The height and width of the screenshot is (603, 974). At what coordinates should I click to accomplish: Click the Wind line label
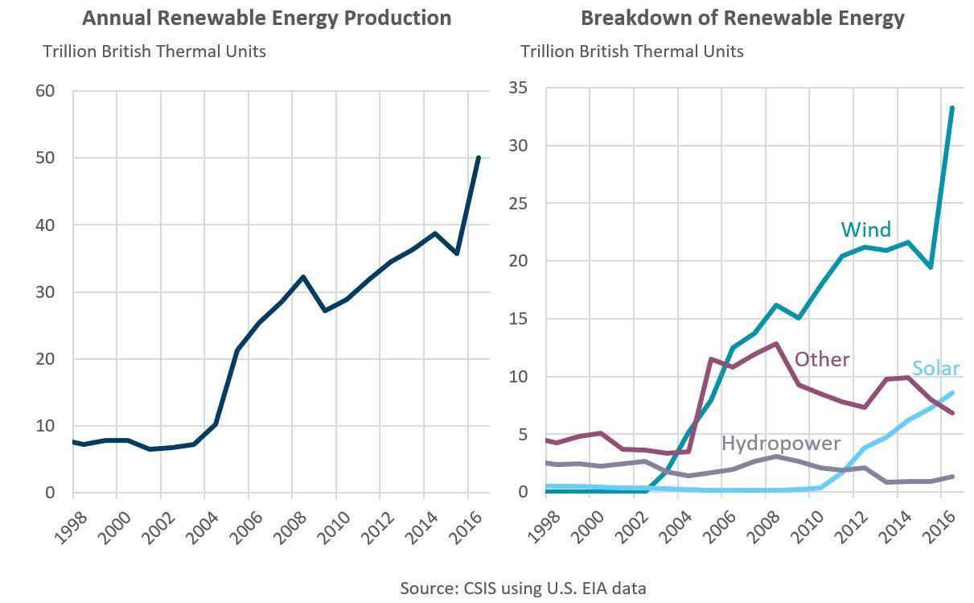(865, 229)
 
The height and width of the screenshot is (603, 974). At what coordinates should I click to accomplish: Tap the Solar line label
(935, 369)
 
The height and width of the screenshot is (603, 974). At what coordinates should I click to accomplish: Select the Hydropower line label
(781, 444)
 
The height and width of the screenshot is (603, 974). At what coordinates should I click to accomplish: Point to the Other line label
(822, 360)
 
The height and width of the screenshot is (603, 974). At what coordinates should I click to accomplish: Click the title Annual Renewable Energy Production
(266, 19)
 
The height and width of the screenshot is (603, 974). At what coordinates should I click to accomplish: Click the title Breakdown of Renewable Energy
(742, 19)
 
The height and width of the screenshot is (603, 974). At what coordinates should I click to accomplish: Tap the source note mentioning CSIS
(523, 588)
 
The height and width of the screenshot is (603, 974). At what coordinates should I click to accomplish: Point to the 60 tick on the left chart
(45, 91)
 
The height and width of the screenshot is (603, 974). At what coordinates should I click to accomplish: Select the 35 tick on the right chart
(518, 88)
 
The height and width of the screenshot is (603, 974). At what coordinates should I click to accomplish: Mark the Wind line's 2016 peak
(952, 108)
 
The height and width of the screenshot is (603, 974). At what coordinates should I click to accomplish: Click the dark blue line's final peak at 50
(479, 157)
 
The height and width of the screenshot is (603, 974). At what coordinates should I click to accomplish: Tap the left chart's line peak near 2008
(303, 277)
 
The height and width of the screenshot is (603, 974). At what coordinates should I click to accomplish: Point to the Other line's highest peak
(775, 344)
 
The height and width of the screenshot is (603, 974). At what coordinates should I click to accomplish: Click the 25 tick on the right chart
(518, 204)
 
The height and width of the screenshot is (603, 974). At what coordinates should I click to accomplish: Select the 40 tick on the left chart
(45, 225)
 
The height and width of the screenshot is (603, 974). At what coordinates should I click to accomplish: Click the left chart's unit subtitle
(154, 52)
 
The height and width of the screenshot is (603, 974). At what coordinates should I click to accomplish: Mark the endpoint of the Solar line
(952, 393)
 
